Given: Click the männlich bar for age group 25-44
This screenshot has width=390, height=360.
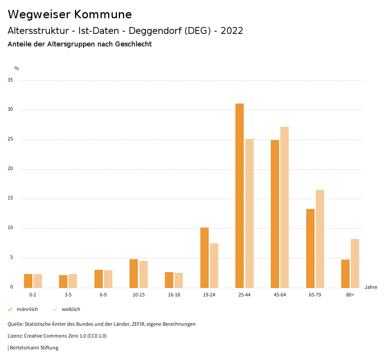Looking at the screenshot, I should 240,196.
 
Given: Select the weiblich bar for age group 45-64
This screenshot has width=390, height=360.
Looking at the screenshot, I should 285,207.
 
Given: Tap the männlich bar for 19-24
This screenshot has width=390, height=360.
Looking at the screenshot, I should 205,258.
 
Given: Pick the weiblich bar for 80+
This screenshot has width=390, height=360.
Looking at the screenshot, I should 355,263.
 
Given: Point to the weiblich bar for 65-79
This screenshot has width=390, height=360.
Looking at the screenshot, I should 320,239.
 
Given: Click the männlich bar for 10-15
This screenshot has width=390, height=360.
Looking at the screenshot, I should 134,273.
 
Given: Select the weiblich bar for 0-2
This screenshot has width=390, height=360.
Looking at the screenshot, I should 38,281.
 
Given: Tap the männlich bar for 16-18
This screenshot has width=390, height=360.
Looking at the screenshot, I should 169,280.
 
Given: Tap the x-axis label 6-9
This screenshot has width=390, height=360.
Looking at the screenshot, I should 103,295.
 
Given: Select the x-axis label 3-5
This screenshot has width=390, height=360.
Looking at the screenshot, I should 68,295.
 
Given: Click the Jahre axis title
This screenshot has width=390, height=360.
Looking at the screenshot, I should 371,287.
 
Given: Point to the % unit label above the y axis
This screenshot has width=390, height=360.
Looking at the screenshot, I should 17,68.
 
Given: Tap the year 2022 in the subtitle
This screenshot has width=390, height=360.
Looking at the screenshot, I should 232,31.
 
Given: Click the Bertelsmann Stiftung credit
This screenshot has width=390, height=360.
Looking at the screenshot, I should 34,348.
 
